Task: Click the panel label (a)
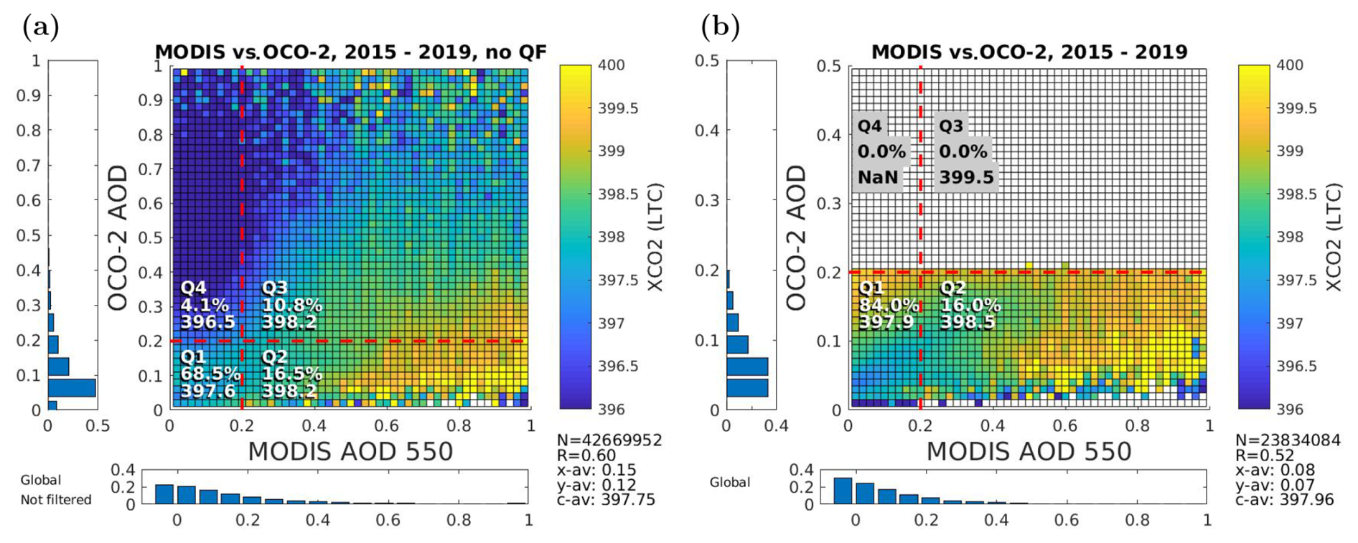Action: (x=41, y=27)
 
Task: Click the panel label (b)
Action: (x=720, y=27)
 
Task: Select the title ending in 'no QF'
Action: (x=350, y=52)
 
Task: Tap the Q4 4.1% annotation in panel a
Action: (x=207, y=305)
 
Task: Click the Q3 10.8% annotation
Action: (x=291, y=305)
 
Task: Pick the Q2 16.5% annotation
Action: (x=291, y=374)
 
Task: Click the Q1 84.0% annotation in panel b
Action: (x=889, y=305)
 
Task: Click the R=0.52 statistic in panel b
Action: (x=1264, y=455)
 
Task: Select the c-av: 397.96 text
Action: (x=1284, y=499)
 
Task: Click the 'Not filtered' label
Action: (x=55, y=500)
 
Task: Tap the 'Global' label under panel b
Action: (x=729, y=483)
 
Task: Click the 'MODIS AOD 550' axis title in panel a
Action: (x=350, y=452)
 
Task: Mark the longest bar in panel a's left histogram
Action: (x=72, y=387)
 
